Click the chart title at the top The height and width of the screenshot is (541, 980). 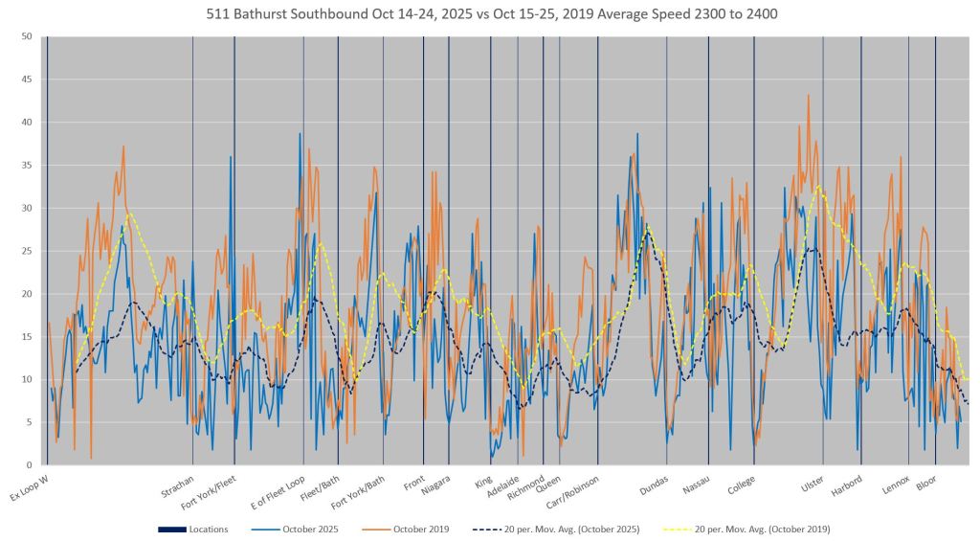point(490,15)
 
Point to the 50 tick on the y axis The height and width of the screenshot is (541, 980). point(28,36)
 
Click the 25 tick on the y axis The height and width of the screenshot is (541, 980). point(28,251)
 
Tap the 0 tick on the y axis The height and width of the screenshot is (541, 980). point(31,465)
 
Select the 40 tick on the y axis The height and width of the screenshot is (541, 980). point(28,123)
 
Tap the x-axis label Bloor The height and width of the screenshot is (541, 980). point(926,482)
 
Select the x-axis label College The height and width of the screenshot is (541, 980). point(740,484)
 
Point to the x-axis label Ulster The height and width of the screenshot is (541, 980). point(813,482)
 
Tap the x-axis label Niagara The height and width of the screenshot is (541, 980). point(436,483)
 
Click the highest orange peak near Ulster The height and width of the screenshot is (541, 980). point(809,95)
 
